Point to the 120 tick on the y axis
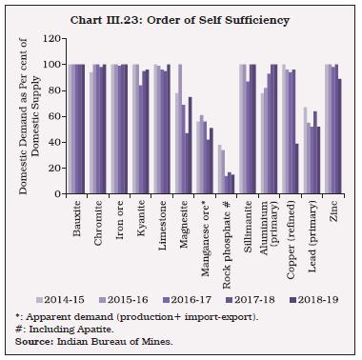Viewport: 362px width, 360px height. (55, 39)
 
